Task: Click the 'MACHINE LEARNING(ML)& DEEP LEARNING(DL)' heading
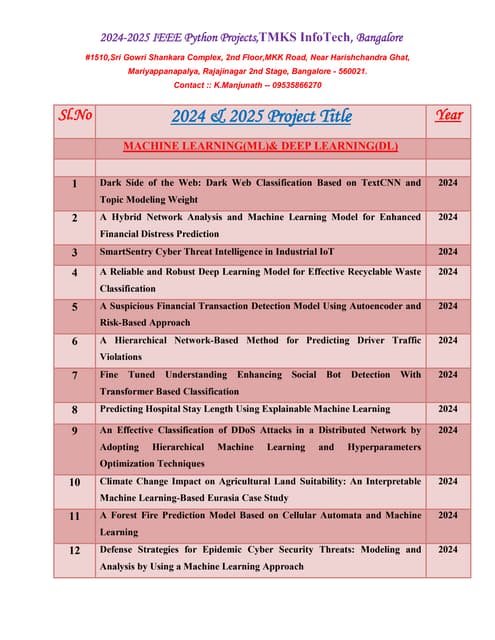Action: [260, 146]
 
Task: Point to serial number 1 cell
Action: [75, 184]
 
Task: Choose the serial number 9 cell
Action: [75, 430]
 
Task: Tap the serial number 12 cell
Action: [75, 551]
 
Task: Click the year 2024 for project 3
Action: [448, 252]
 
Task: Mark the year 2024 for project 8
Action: [448, 409]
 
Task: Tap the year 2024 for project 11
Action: [448, 515]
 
